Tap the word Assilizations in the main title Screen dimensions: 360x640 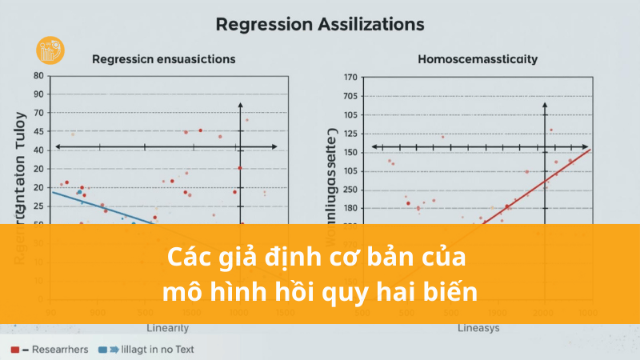tap(370, 25)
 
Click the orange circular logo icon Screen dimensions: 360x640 tap(50, 50)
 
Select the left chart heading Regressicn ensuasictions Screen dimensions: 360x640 tap(163, 58)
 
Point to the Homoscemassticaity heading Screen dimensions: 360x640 tap(478, 58)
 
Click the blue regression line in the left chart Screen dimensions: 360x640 tap(104, 207)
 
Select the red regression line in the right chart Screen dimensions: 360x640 tap(544, 180)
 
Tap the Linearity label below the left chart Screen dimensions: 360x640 tap(168, 328)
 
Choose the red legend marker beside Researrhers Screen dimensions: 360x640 tap(17, 350)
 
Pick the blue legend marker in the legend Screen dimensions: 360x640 tap(102, 350)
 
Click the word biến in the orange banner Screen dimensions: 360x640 tap(456, 291)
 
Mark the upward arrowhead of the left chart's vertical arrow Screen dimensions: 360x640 tap(241, 106)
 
